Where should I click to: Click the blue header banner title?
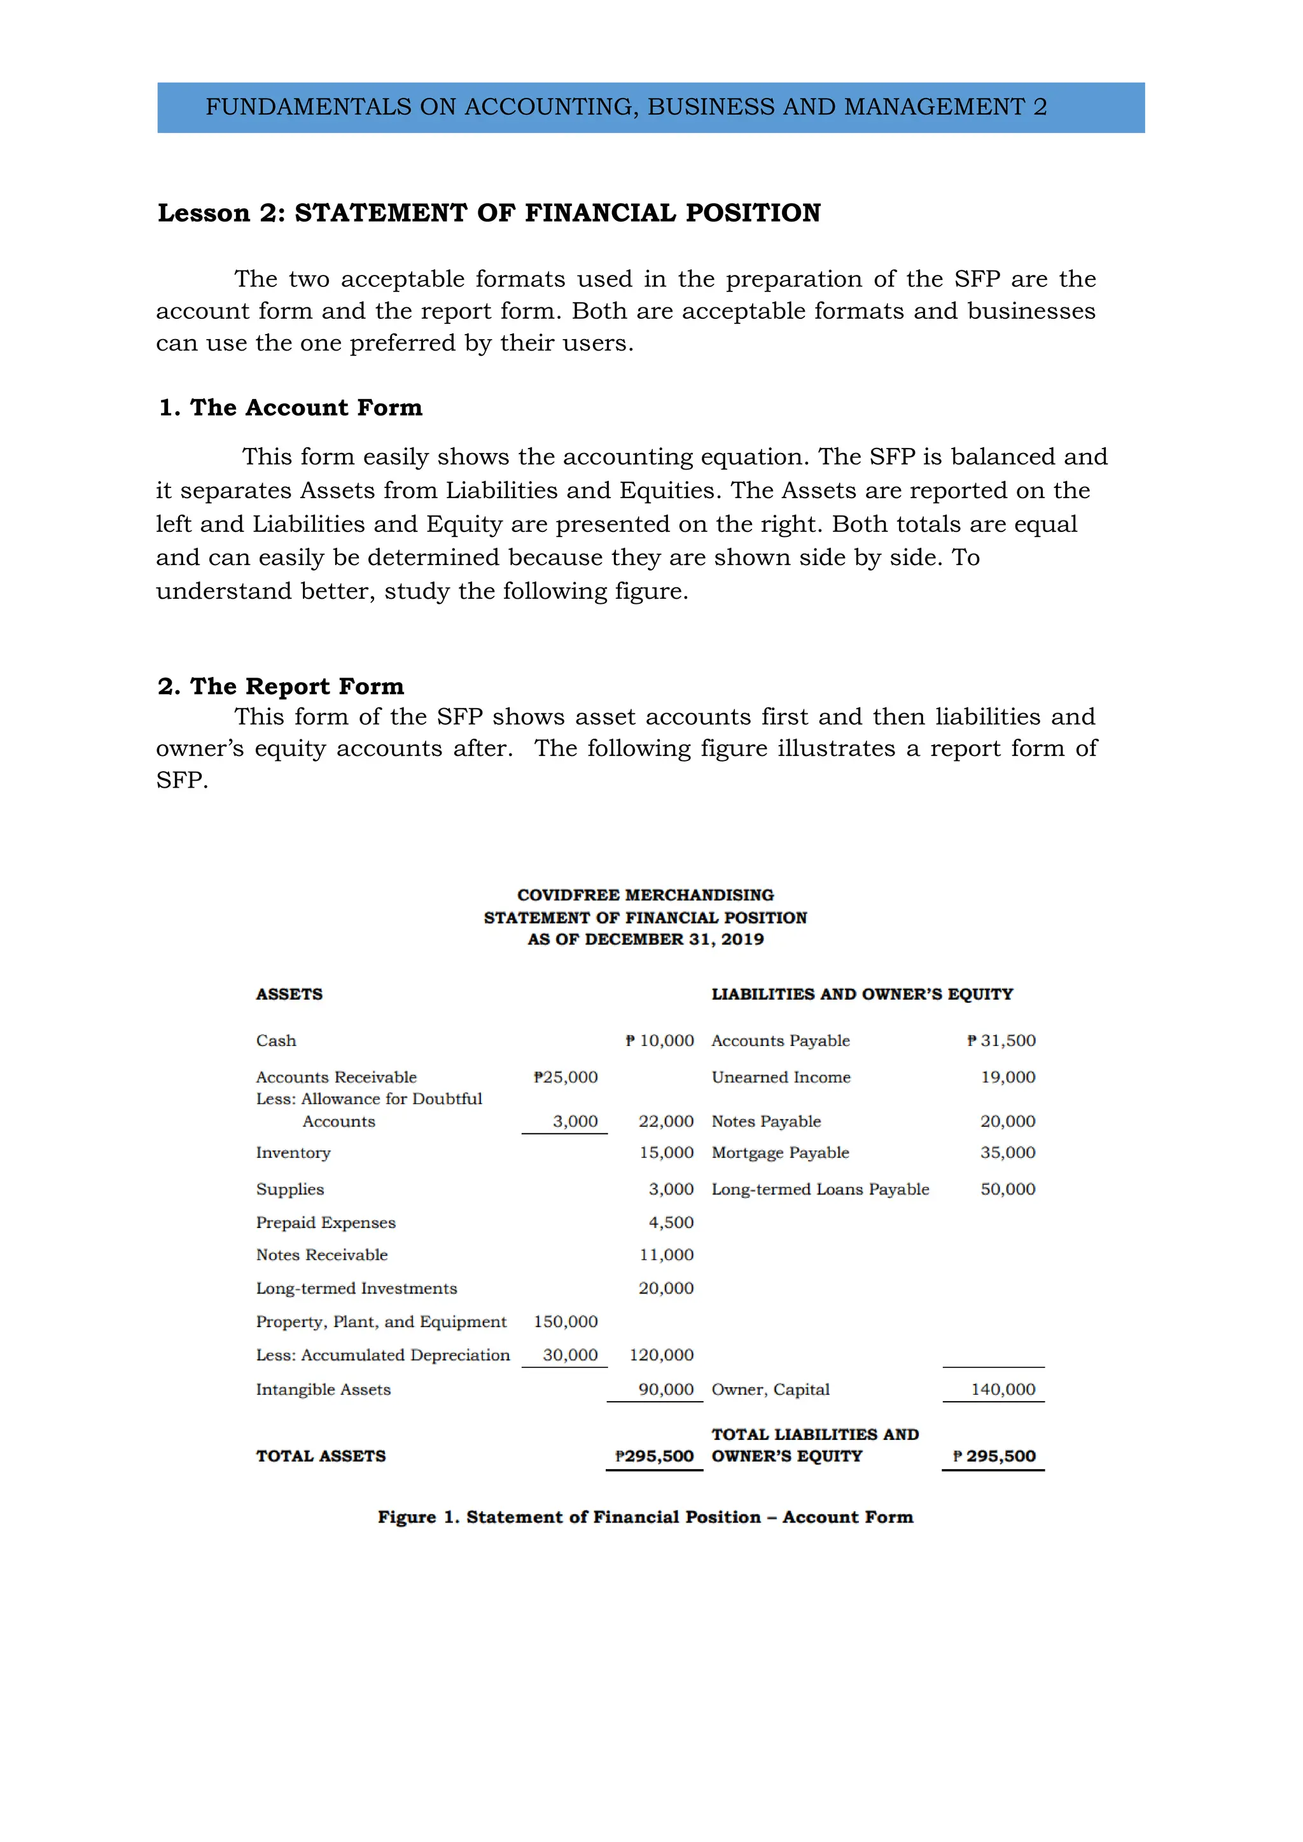(626, 107)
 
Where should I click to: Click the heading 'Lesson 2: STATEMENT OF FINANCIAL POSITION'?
(489, 213)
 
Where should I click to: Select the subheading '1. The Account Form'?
(291, 408)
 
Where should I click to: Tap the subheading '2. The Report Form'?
(281, 686)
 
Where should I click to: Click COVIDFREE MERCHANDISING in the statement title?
(645, 895)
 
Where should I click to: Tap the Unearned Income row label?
(781, 1077)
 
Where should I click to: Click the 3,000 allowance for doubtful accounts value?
(575, 1122)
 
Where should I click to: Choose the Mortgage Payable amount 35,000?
(1008, 1153)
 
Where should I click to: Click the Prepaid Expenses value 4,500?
(671, 1223)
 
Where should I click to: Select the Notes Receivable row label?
(322, 1255)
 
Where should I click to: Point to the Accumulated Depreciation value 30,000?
(571, 1355)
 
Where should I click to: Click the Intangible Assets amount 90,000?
(666, 1390)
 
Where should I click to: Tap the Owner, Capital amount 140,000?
(1003, 1390)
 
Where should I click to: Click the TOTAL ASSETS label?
(321, 1456)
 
